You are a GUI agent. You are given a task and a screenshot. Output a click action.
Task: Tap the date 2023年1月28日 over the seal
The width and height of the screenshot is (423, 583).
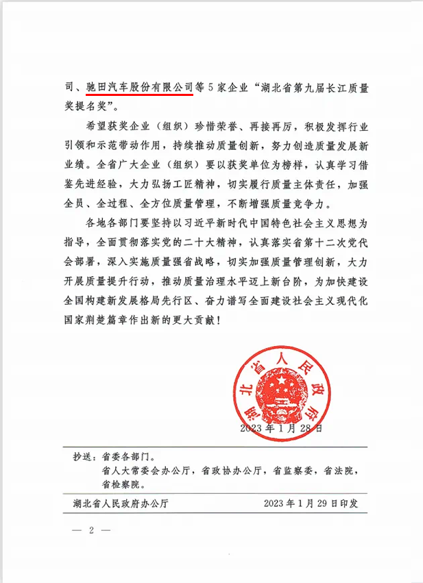click(x=281, y=429)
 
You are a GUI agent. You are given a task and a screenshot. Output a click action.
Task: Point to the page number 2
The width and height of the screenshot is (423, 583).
click(x=90, y=531)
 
